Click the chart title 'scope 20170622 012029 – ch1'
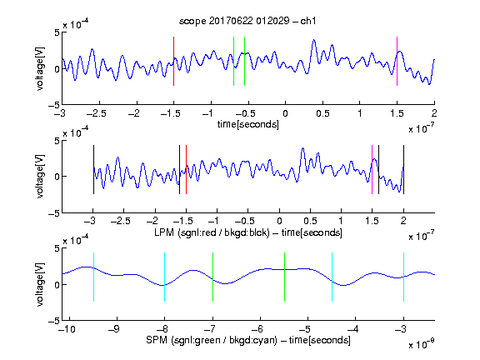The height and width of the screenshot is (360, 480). [247, 21]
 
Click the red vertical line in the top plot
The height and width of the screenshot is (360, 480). [173, 61]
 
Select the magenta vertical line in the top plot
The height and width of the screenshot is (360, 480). [397, 61]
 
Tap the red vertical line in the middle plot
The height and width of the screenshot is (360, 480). [186, 170]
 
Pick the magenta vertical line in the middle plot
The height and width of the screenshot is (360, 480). [372, 170]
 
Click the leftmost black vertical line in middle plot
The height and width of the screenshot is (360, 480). [93, 170]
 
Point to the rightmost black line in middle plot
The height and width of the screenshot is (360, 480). [403, 170]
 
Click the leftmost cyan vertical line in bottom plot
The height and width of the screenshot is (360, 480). [93, 277]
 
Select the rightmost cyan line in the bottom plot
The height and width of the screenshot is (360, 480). [403, 277]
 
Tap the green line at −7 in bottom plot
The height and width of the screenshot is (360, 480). [212, 277]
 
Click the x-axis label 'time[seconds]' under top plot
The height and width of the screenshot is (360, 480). [248, 125]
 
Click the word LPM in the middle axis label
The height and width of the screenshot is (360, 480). [164, 232]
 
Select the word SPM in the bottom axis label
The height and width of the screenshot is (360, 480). [157, 340]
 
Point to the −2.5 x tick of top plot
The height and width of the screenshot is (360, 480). [97, 113]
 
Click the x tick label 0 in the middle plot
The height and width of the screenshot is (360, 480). [279, 221]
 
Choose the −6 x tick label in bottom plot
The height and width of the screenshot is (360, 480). [257, 329]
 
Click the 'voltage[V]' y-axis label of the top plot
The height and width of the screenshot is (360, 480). [40, 68]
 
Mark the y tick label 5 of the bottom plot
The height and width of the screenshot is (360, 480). [57, 248]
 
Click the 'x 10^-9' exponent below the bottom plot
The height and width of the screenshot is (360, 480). [421, 343]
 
